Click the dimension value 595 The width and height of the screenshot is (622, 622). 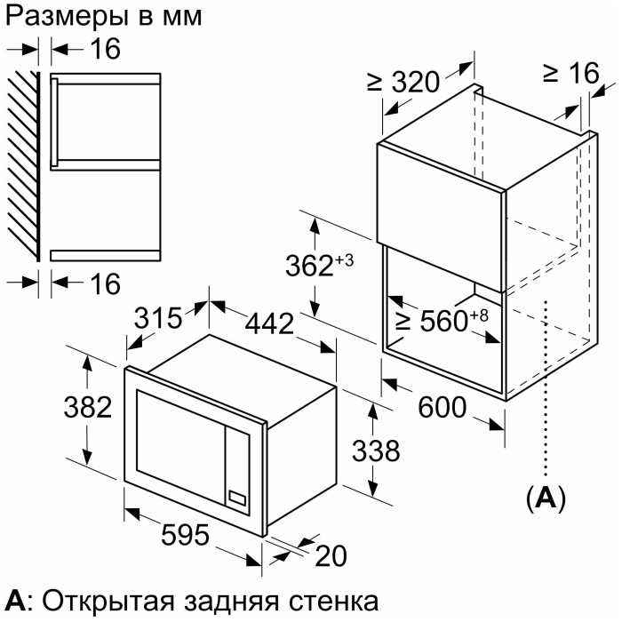click(185, 535)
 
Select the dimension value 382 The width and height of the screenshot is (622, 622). click(88, 407)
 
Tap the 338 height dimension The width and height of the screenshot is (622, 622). click(376, 451)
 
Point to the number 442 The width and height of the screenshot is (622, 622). click(269, 323)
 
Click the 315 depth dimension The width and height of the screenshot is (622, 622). click(158, 318)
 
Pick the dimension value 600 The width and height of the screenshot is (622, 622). click(442, 407)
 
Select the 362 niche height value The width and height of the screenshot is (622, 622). click(309, 266)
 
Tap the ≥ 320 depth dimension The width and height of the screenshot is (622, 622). click(403, 82)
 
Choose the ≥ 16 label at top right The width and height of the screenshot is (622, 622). click(571, 73)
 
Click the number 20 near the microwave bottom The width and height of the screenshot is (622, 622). click(331, 555)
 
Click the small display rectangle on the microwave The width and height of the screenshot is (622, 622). click(237, 498)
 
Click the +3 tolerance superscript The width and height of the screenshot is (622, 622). click(345, 260)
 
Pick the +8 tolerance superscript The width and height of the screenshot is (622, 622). click(479, 315)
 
